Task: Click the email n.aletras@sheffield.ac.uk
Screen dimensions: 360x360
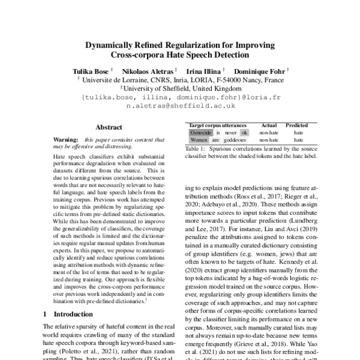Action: pyautogui.click(x=180, y=105)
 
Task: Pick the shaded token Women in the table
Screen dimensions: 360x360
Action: pyautogui.click(x=199, y=140)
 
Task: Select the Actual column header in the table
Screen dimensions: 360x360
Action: pyautogui.click(x=269, y=125)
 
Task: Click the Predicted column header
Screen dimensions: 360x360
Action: pyautogui.click(x=296, y=125)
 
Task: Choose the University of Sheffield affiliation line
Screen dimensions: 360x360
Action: pyautogui.click(x=180, y=87)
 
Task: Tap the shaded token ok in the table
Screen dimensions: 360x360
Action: pyautogui.click(x=244, y=133)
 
